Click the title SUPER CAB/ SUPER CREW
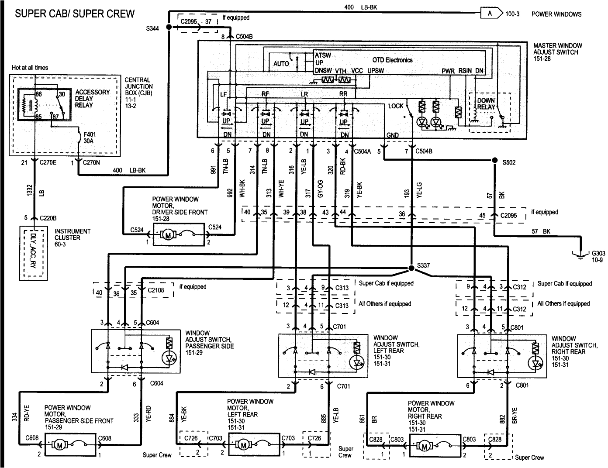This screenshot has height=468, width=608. click(x=75, y=14)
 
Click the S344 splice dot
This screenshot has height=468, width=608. click(x=169, y=27)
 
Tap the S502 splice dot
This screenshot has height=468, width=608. click(x=495, y=160)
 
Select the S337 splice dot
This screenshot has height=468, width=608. click(x=411, y=267)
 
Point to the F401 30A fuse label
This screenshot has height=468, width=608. click(x=90, y=138)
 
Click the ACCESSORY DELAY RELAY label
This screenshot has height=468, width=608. click(x=92, y=99)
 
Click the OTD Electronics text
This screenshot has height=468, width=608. click(x=392, y=60)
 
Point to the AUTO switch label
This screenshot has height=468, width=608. click(x=281, y=64)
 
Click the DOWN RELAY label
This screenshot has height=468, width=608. click(x=486, y=103)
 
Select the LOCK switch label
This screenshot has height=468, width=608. click(x=396, y=106)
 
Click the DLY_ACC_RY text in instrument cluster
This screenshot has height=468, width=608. click(x=34, y=253)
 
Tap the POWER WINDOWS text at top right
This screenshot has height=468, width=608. click(x=556, y=14)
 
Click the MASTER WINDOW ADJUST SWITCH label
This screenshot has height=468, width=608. click(x=558, y=52)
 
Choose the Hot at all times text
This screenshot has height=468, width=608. click(x=30, y=68)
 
